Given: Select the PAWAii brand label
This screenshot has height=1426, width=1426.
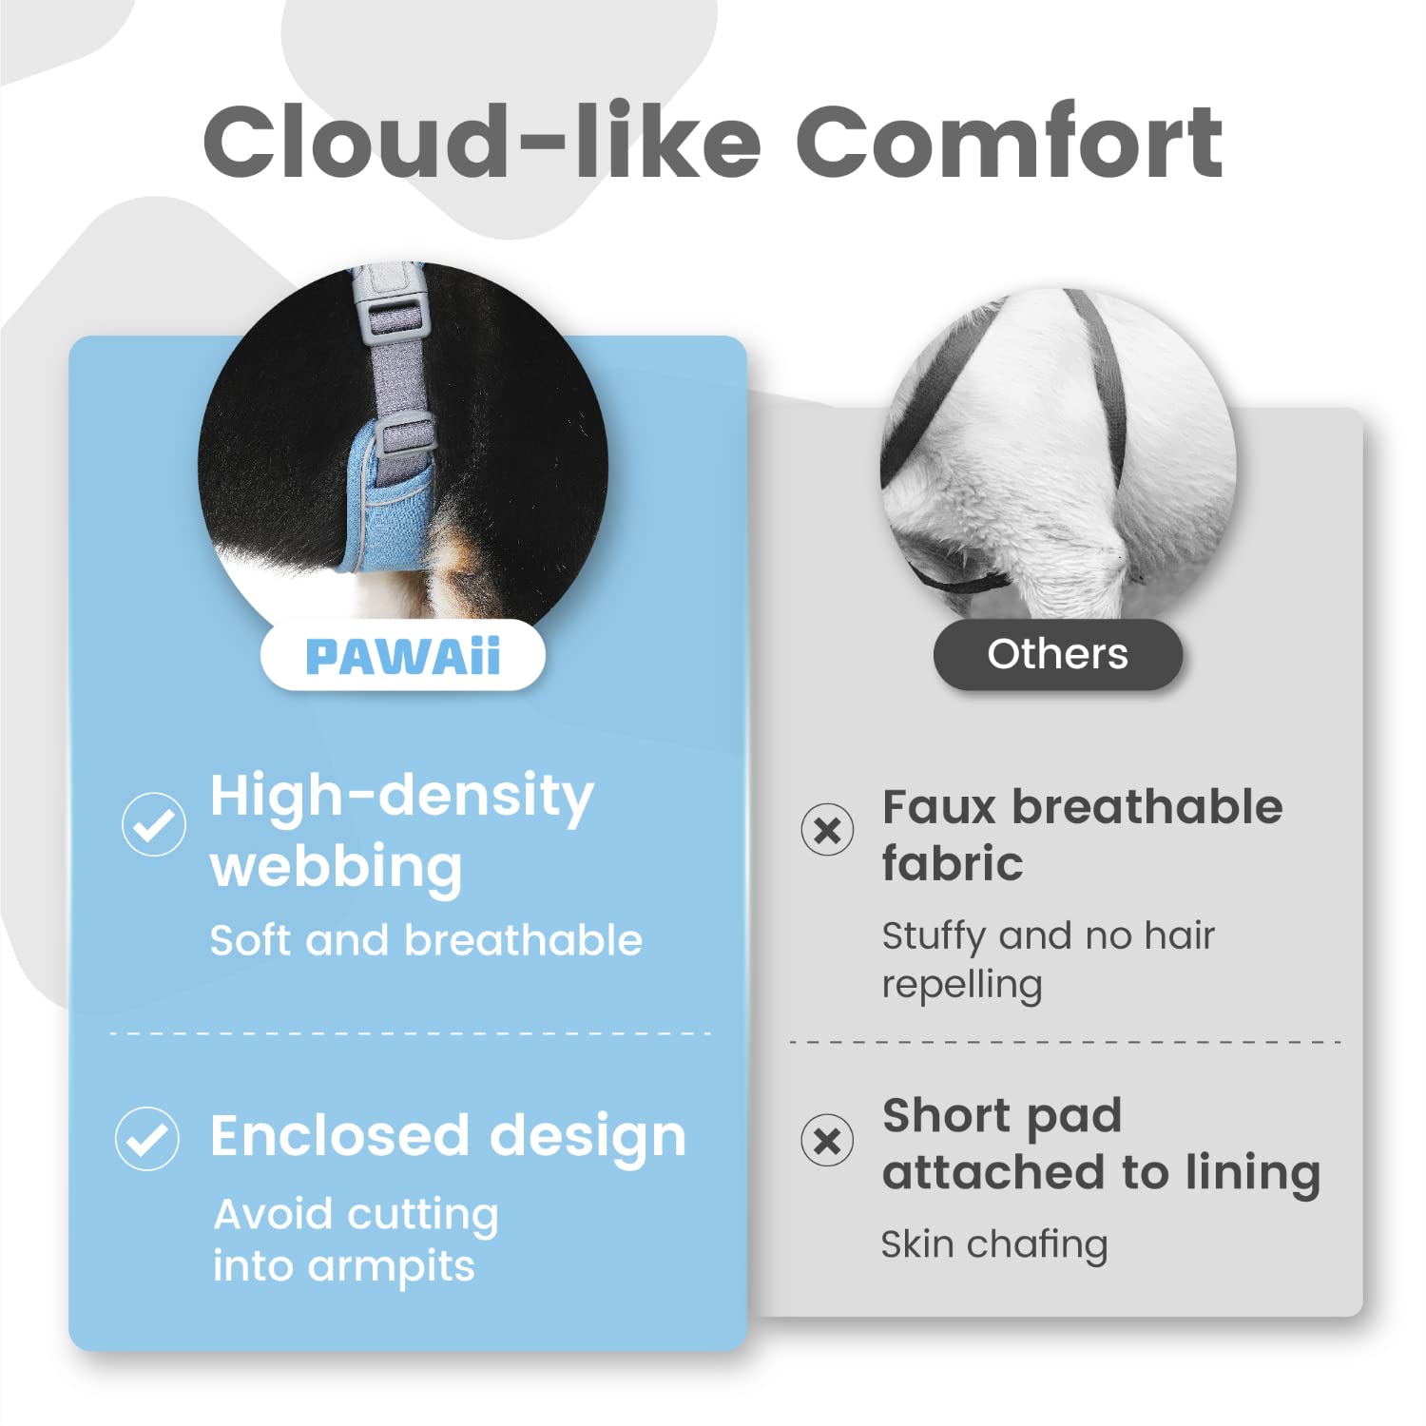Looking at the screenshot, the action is [403, 656].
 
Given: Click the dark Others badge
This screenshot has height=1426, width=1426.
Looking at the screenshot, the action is [1058, 654].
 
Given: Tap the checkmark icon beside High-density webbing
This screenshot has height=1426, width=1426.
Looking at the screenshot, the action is [154, 824].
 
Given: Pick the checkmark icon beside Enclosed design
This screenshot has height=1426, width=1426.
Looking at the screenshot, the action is [147, 1138].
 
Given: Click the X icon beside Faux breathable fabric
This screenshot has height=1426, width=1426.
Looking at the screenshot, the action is [827, 829].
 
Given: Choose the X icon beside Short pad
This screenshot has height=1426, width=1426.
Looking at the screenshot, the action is [827, 1140].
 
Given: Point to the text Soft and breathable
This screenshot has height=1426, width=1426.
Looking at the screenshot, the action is [426, 940].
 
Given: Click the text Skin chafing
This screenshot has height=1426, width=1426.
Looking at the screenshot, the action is [994, 1244].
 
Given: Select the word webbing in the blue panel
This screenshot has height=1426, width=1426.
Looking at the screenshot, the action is [337, 867].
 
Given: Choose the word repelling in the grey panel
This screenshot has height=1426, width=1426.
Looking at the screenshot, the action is [962, 986].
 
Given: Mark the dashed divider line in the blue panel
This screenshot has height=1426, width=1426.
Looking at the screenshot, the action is [411, 1033].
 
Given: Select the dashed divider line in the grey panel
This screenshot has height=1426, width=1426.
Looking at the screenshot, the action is [1065, 1043].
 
